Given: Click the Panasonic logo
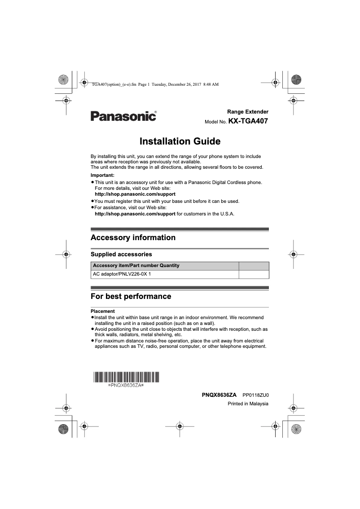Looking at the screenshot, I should [123, 116].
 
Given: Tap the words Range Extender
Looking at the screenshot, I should [248, 111].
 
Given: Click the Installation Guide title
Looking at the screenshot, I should [180, 141].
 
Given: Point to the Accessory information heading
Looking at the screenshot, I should [133, 237].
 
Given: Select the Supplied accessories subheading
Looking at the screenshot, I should [121, 254].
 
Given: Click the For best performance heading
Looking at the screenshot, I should [131, 296].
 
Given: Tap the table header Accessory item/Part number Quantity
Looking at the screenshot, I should [136, 265].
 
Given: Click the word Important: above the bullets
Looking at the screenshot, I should [102, 175].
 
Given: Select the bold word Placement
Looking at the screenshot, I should [103, 311].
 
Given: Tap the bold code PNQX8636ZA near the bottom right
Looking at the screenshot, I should [219, 395].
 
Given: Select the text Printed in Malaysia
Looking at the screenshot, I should [248, 404].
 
